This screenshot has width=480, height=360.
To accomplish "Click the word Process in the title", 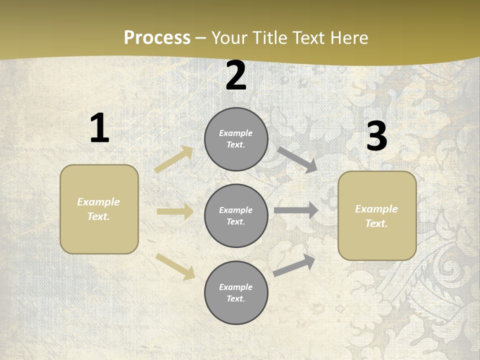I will (x=157, y=37).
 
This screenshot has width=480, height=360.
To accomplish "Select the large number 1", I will (x=99, y=128).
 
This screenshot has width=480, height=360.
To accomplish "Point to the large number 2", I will (x=236, y=75).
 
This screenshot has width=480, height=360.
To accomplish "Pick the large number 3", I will (x=376, y=136).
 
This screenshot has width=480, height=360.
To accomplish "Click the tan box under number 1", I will (x=99, y=209).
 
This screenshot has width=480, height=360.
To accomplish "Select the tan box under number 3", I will (x=377, y=216).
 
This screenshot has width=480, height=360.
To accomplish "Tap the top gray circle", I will (x=236, y=139).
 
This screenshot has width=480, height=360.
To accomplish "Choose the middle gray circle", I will (x=236, y=216).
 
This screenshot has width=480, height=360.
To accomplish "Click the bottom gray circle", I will (x=236, y=292).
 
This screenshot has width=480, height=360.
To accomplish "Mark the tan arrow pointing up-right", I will (x=174, y=159).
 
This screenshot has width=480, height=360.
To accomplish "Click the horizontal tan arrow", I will (x=175, y=212).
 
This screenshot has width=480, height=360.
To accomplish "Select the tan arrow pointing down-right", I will (x=175, y=266).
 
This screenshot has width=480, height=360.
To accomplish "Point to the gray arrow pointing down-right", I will (x=297, y=159).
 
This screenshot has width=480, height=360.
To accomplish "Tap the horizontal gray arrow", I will (x=295, y=210).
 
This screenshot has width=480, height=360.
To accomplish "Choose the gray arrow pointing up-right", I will (x=294, y=265).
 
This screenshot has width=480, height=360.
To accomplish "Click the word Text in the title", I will (x=309, y=37).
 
